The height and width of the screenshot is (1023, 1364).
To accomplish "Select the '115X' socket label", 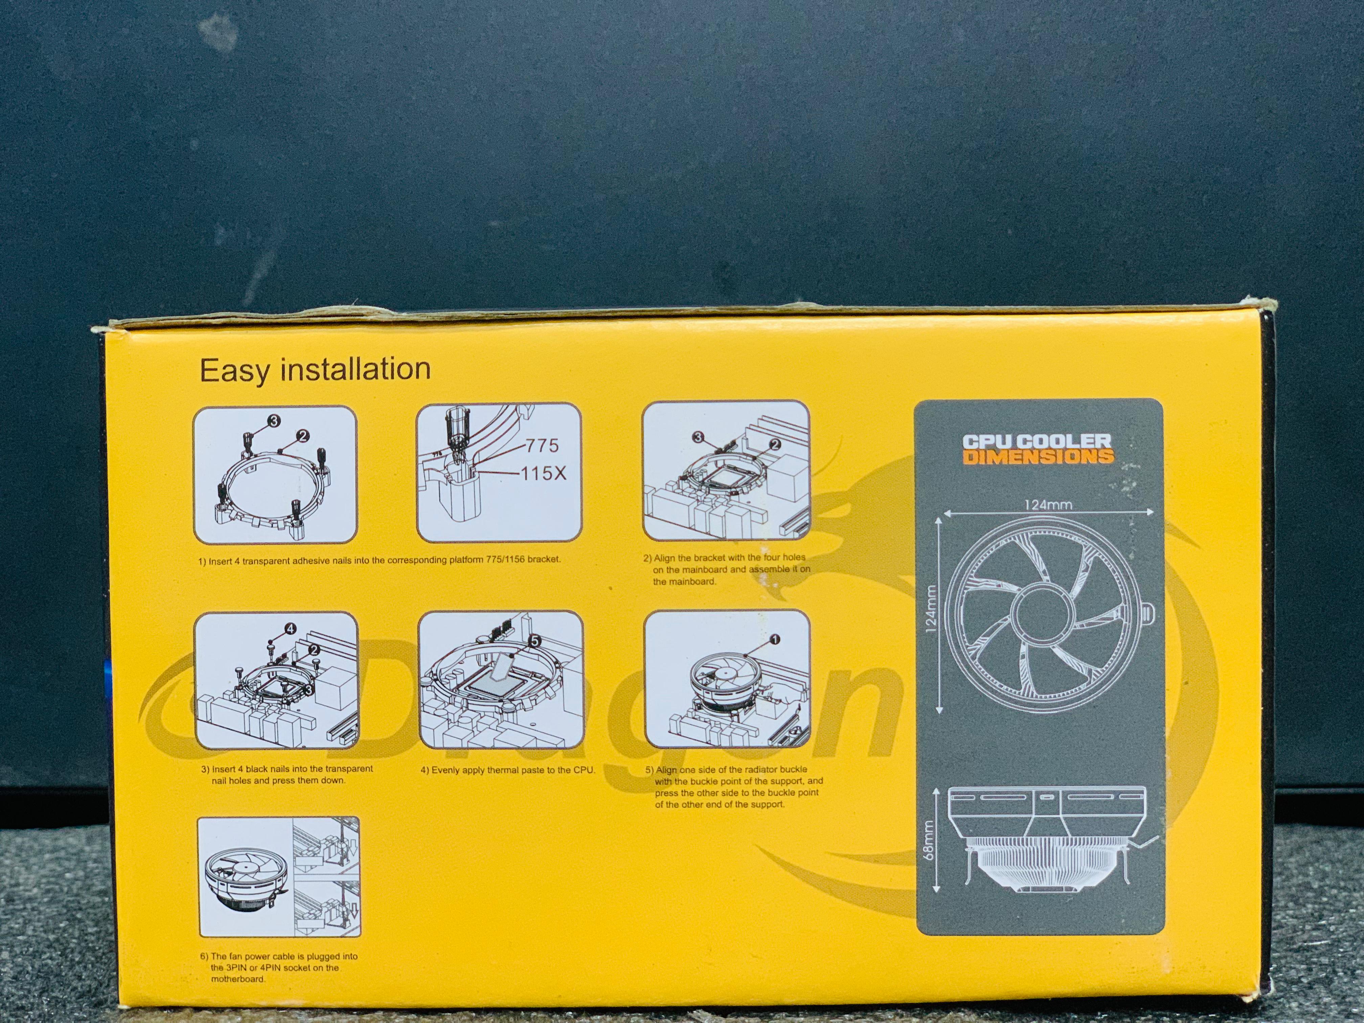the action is (543, 474).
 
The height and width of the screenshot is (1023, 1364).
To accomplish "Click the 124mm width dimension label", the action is (1048, 504).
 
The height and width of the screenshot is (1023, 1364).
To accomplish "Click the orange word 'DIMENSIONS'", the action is (1039, 456).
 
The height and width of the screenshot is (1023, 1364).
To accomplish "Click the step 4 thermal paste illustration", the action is (500, 679).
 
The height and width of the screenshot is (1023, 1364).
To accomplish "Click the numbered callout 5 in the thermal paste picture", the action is (535, 641).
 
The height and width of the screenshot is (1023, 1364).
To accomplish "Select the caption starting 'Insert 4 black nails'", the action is (287, 774).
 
